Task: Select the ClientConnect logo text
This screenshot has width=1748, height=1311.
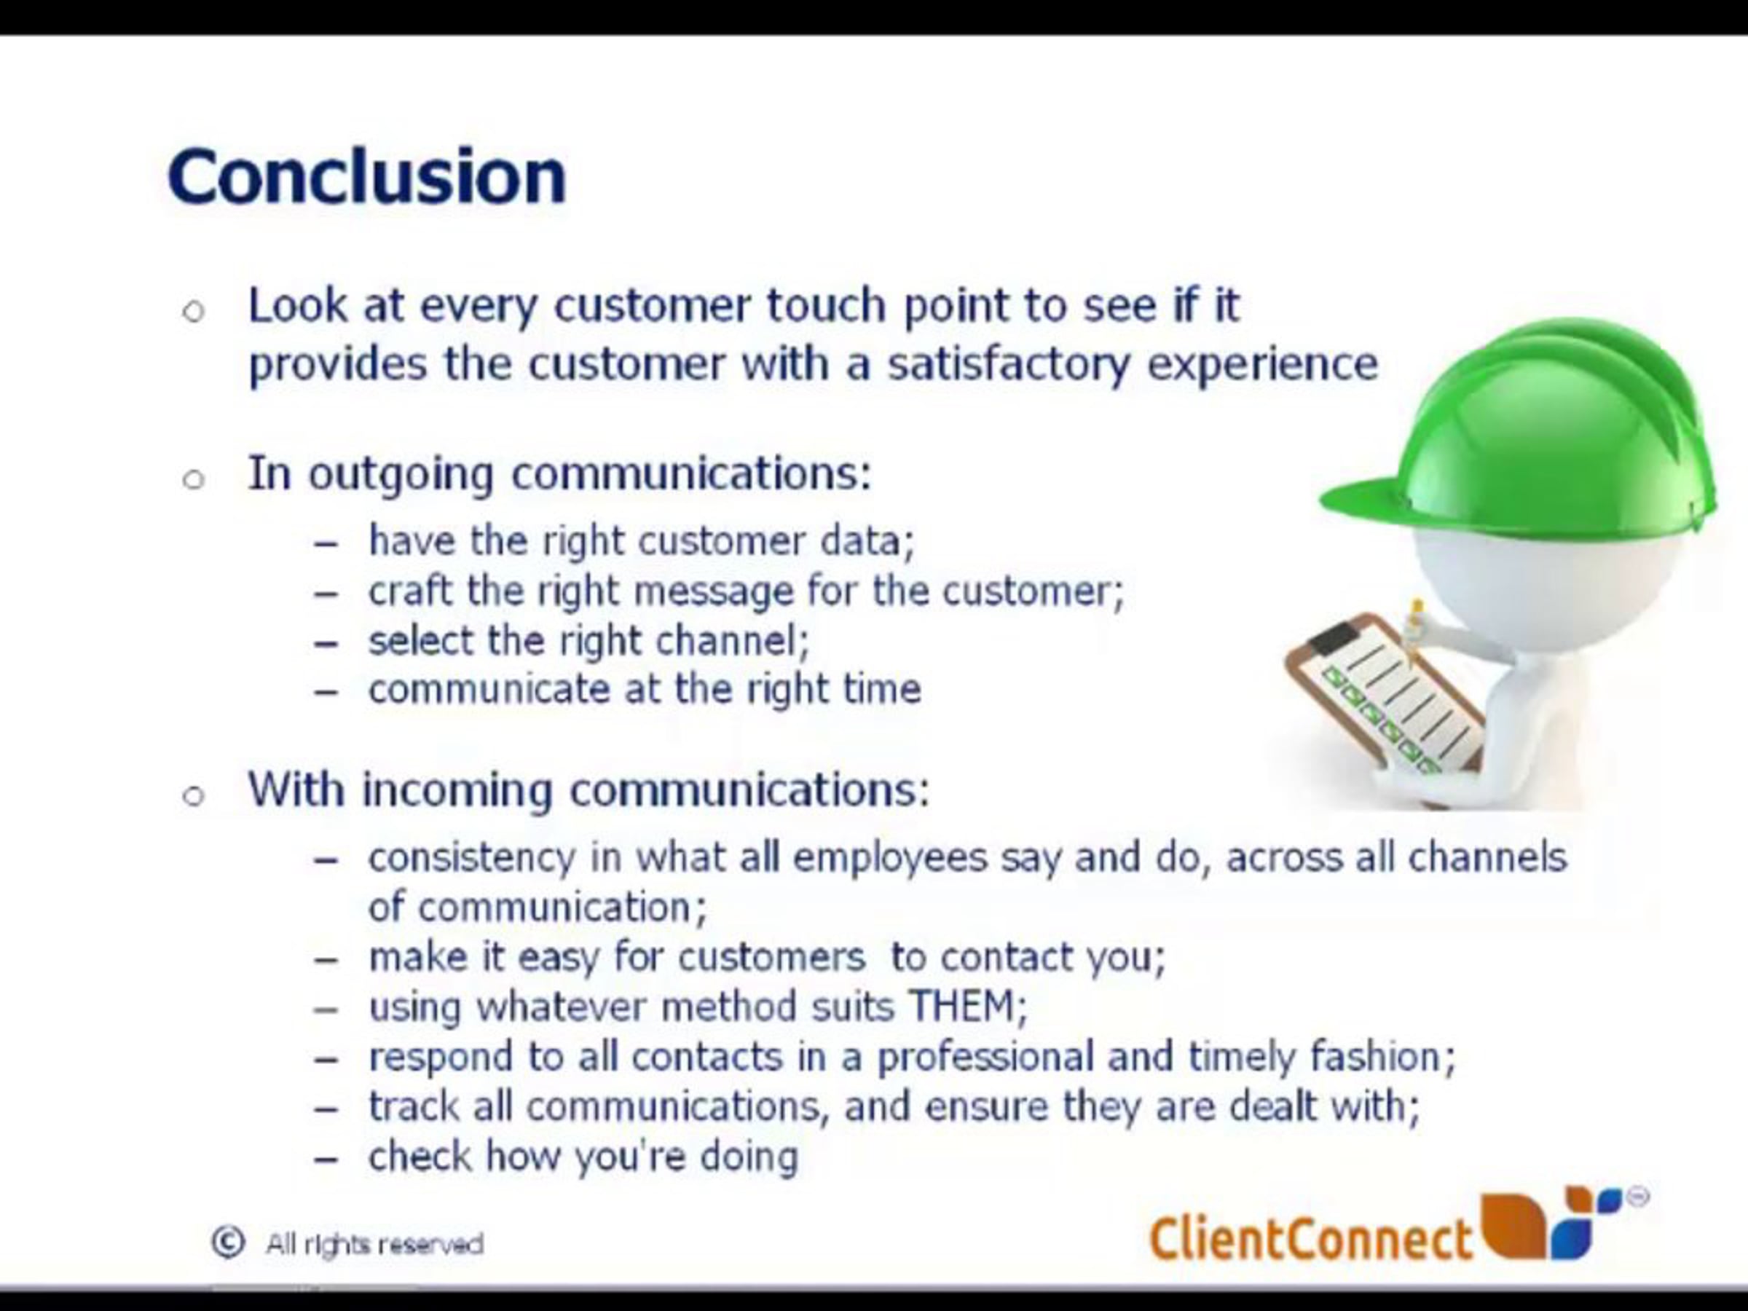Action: (x=1311, y=1237)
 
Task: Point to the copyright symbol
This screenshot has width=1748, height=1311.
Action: (x=227, y=1243)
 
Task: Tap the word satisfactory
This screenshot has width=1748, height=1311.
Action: (x=1008, y=365)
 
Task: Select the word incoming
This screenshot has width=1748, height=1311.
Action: (x=457, y=791)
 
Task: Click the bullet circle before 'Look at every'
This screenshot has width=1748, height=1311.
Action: (x=194, y=311)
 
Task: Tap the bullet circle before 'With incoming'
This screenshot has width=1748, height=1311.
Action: (x=194, y=795)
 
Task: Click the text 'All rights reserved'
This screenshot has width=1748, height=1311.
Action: (x=374, y=1245)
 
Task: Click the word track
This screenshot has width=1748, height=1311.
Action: (x=413, y=1106)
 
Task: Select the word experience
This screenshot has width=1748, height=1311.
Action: (x=1262, y=365)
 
